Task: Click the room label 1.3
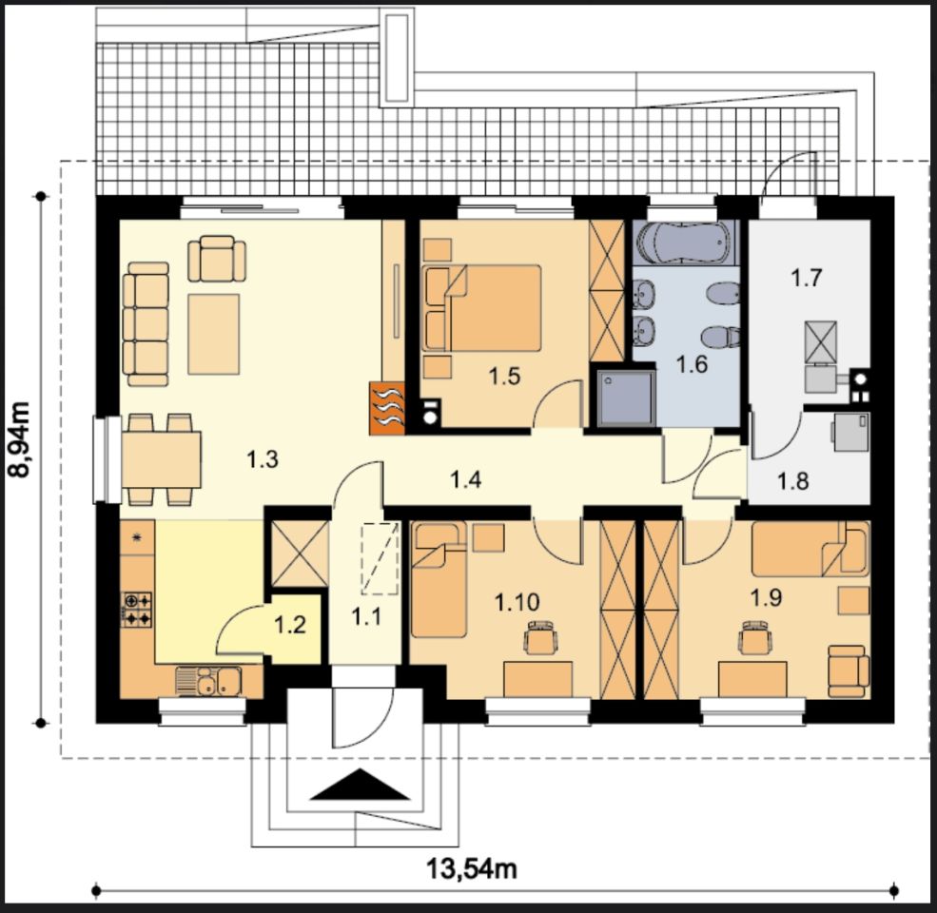(263, 459)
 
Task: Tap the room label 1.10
(517, 602)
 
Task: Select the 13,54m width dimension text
(472, 868)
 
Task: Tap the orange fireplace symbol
(387, 407)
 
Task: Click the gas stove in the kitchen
(137, 610)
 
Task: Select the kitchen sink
(208, 681)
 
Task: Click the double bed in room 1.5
(481, 308)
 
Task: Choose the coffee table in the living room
(214, 334)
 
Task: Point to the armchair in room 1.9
(849, 671)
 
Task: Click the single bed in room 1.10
(439, 579)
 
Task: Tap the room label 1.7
(806, 278)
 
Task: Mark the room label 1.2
(290, 625)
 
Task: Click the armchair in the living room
(217, 259)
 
